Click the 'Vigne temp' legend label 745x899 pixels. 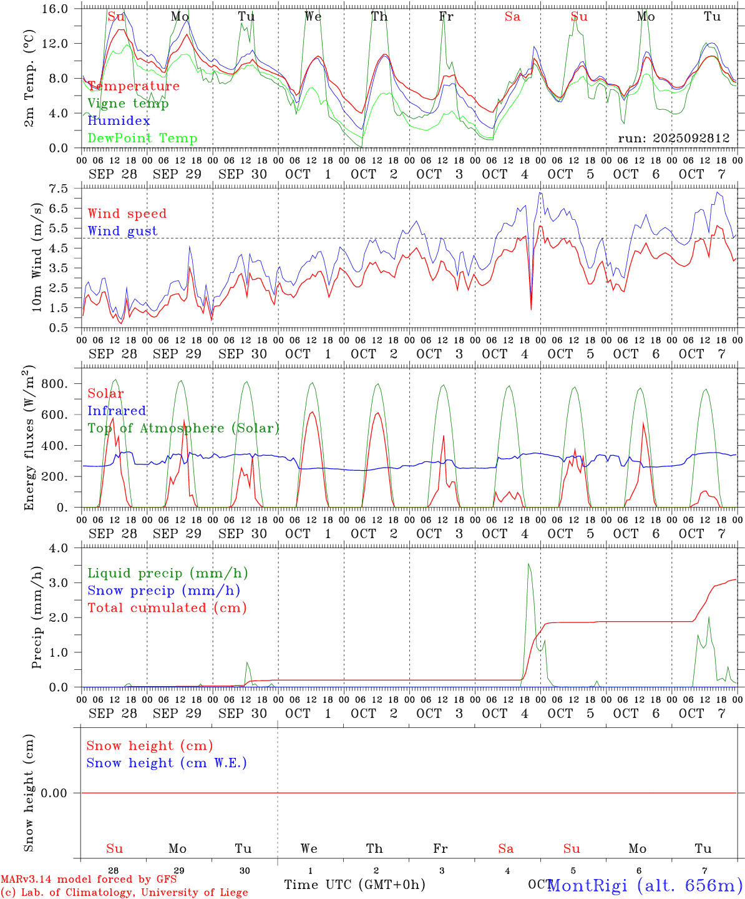(128, 104)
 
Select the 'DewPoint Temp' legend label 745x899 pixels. (142, 139)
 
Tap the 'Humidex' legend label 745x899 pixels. (119, 121)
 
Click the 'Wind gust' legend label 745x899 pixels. (122, 231)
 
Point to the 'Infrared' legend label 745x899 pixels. (117, 411)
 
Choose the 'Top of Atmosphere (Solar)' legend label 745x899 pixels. (183, 428)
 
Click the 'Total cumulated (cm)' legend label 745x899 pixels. (167, 608)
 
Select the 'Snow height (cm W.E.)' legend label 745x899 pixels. (167, 763)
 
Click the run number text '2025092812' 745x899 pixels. (694, 139)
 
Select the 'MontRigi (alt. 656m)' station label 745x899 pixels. (645, 885)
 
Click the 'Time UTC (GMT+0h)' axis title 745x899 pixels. (354, 885)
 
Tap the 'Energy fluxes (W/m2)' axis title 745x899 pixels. (29, 439)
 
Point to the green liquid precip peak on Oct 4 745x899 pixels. (528, 564)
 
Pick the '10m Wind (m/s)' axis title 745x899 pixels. (37, 257)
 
